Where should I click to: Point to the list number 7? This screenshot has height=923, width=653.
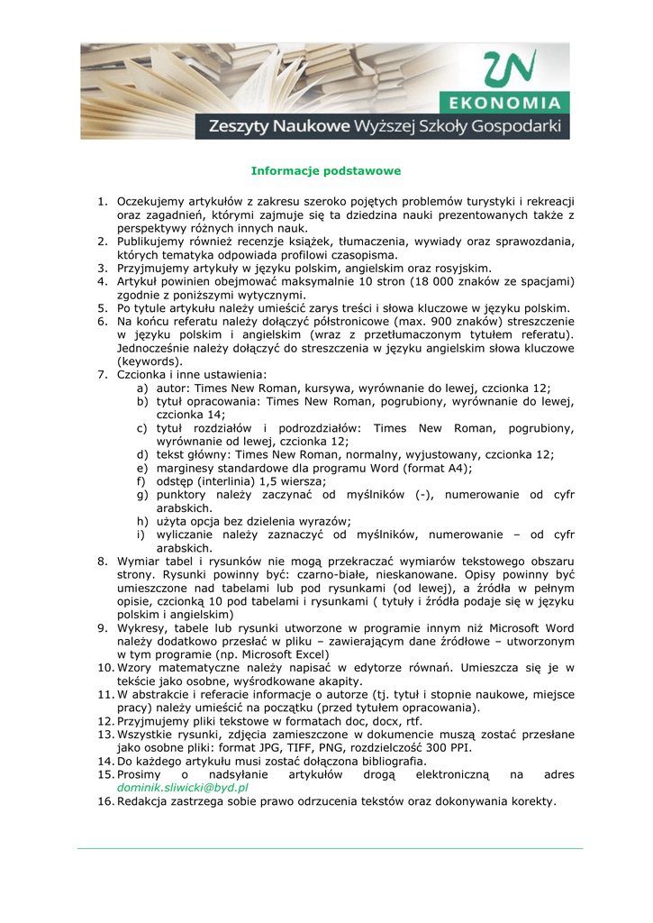point(103,374)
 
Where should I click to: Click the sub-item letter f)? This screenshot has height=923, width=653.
point(142,481)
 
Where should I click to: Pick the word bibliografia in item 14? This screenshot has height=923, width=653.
point(363,761)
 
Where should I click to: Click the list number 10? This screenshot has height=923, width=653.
point(104,667)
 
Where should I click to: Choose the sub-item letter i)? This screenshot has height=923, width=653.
point(142,535)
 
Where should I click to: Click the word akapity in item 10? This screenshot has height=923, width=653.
point(315,681)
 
